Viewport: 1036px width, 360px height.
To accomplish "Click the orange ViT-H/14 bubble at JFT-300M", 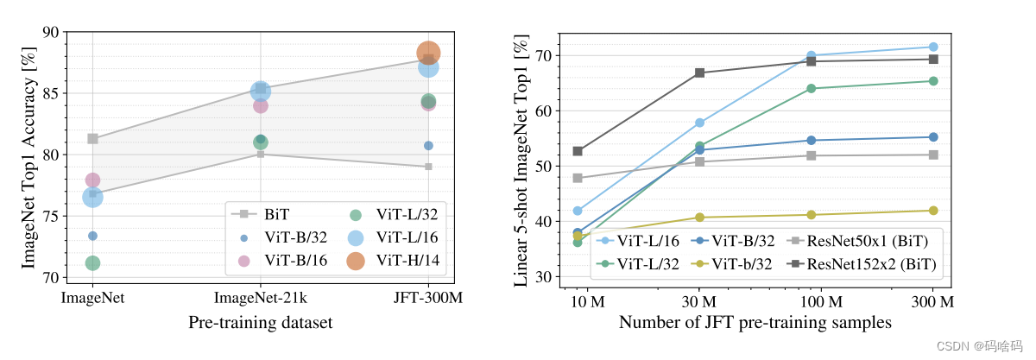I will pyautogui.click(x=428, y=53).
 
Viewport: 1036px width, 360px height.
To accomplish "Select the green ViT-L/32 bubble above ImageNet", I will pyautogui.click(x=92, y=262).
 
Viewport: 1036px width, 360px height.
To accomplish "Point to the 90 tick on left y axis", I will pyautogui.click(x=50, y=33).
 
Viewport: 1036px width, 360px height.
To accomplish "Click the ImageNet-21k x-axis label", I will pyautogui.click(x=260, y=298).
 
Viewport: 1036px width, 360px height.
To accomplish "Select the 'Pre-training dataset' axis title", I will pyautogui.click(x=260, y=322).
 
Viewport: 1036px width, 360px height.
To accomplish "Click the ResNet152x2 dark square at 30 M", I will pyautogui.click(x=699, y=73).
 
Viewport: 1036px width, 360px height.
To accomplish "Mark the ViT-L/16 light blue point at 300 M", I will pyautogui.click(x=933, y=47).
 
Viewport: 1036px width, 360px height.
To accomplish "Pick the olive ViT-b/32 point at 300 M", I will pyautogui.click(x=933, y=210).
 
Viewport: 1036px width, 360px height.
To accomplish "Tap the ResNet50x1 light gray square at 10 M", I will pyautogui.click(x=578, y=179).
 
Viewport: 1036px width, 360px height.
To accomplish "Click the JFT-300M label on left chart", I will pyautogui.click(x=428, y=298).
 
